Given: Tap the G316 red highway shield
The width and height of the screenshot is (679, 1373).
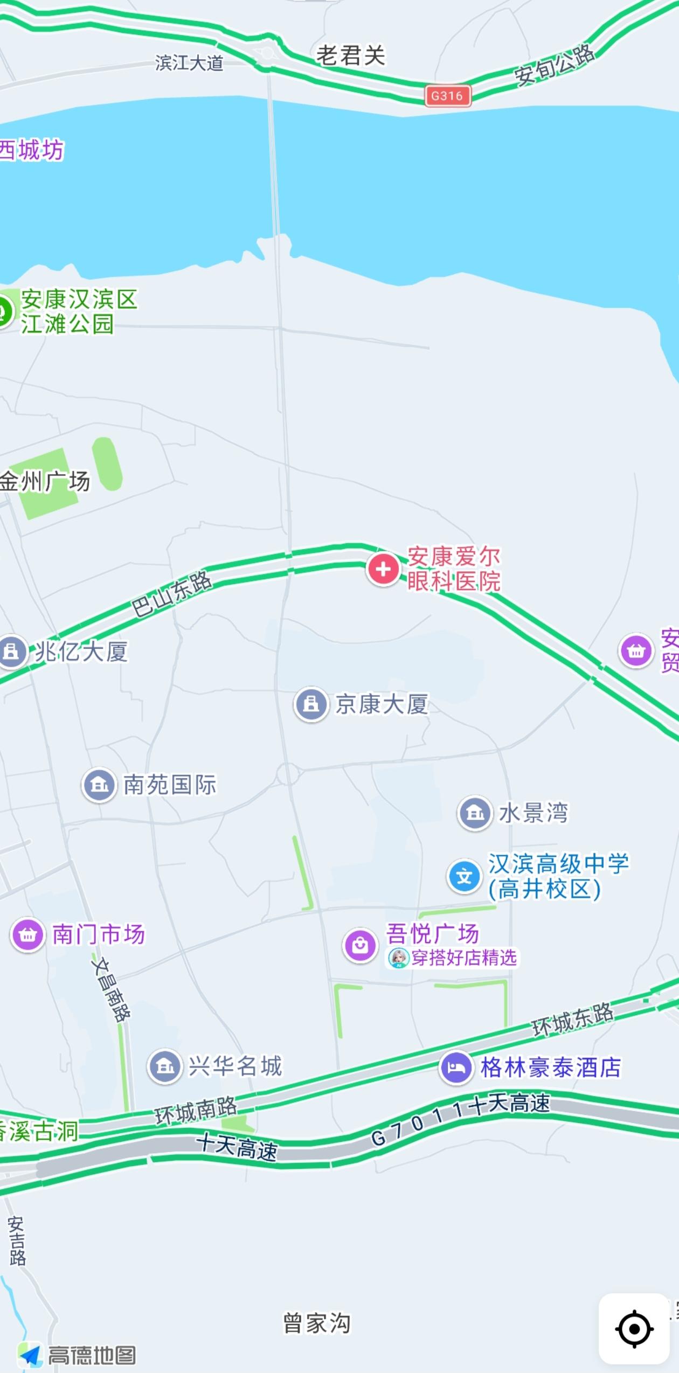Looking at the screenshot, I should pos(447,96).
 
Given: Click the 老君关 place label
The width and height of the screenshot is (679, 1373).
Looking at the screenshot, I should pos(351,56).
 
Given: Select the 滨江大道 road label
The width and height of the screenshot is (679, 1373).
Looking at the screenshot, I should pos(189,63).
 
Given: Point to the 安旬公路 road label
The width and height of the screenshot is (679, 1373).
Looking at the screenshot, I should pos(555,65).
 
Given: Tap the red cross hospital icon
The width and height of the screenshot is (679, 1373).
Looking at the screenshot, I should pos(383,569).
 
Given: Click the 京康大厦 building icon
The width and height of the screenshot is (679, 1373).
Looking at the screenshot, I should pos(311,704).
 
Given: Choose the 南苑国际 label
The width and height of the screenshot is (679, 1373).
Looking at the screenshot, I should pos(170,785).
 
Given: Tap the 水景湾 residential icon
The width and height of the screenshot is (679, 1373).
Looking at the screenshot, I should pos(475,813).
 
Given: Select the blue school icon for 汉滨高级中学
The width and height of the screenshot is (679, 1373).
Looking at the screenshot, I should pos(464,876).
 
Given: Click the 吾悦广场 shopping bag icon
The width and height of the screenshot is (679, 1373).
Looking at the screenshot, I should pos(360,945).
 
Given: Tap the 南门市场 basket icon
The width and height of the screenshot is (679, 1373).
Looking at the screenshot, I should pos(27,934).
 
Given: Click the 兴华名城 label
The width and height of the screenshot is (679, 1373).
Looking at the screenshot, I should pos(235,1066).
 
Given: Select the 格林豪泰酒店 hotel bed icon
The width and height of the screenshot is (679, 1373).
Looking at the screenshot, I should pos(456,1067).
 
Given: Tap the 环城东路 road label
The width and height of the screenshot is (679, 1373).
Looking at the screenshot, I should pos(572,1020).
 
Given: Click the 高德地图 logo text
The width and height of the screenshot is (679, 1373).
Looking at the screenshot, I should pos(92,1355).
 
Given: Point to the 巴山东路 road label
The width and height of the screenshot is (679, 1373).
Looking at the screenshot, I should pos(172,593).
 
